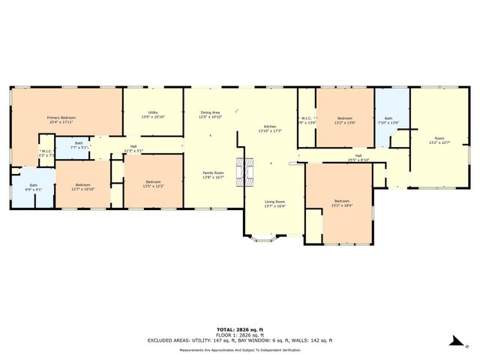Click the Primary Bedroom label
point(61,118)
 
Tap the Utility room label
point(152,112)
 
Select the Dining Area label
point(210,112)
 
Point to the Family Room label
point(213,172)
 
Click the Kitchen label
point(269,126)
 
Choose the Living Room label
point(274,202)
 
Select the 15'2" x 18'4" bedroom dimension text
point(341,205)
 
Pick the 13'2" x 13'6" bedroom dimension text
point(345,121)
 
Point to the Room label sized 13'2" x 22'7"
point(436,138)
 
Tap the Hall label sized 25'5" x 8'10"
point(358,156)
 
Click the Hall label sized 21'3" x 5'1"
point(133,147)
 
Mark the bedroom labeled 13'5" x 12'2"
point(153,182)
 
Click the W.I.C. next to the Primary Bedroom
point(46,151)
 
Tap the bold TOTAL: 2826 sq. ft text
point(239,329)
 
